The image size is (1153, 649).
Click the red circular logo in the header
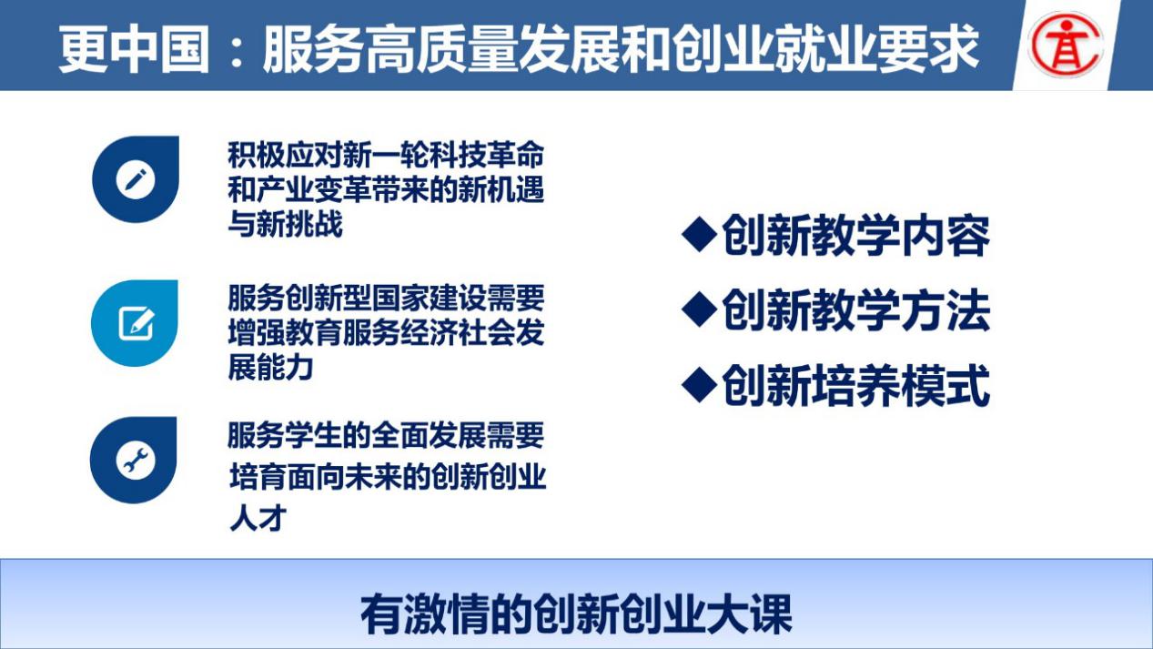point(1066,45)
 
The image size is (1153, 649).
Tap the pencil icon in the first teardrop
point(136,179)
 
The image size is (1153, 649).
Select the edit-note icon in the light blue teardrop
point(137,324)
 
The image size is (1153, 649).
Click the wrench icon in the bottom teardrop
point(136,460)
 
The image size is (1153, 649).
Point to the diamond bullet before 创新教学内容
point(699,235)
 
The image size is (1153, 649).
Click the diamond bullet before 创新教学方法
point(699,309)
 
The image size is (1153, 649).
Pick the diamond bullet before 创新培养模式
point(699,385)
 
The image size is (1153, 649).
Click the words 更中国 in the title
point(135,49)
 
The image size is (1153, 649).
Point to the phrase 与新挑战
point(285,225)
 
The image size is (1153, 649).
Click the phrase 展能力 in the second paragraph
point(271,368)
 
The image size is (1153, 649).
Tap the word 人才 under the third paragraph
point(258,518)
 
